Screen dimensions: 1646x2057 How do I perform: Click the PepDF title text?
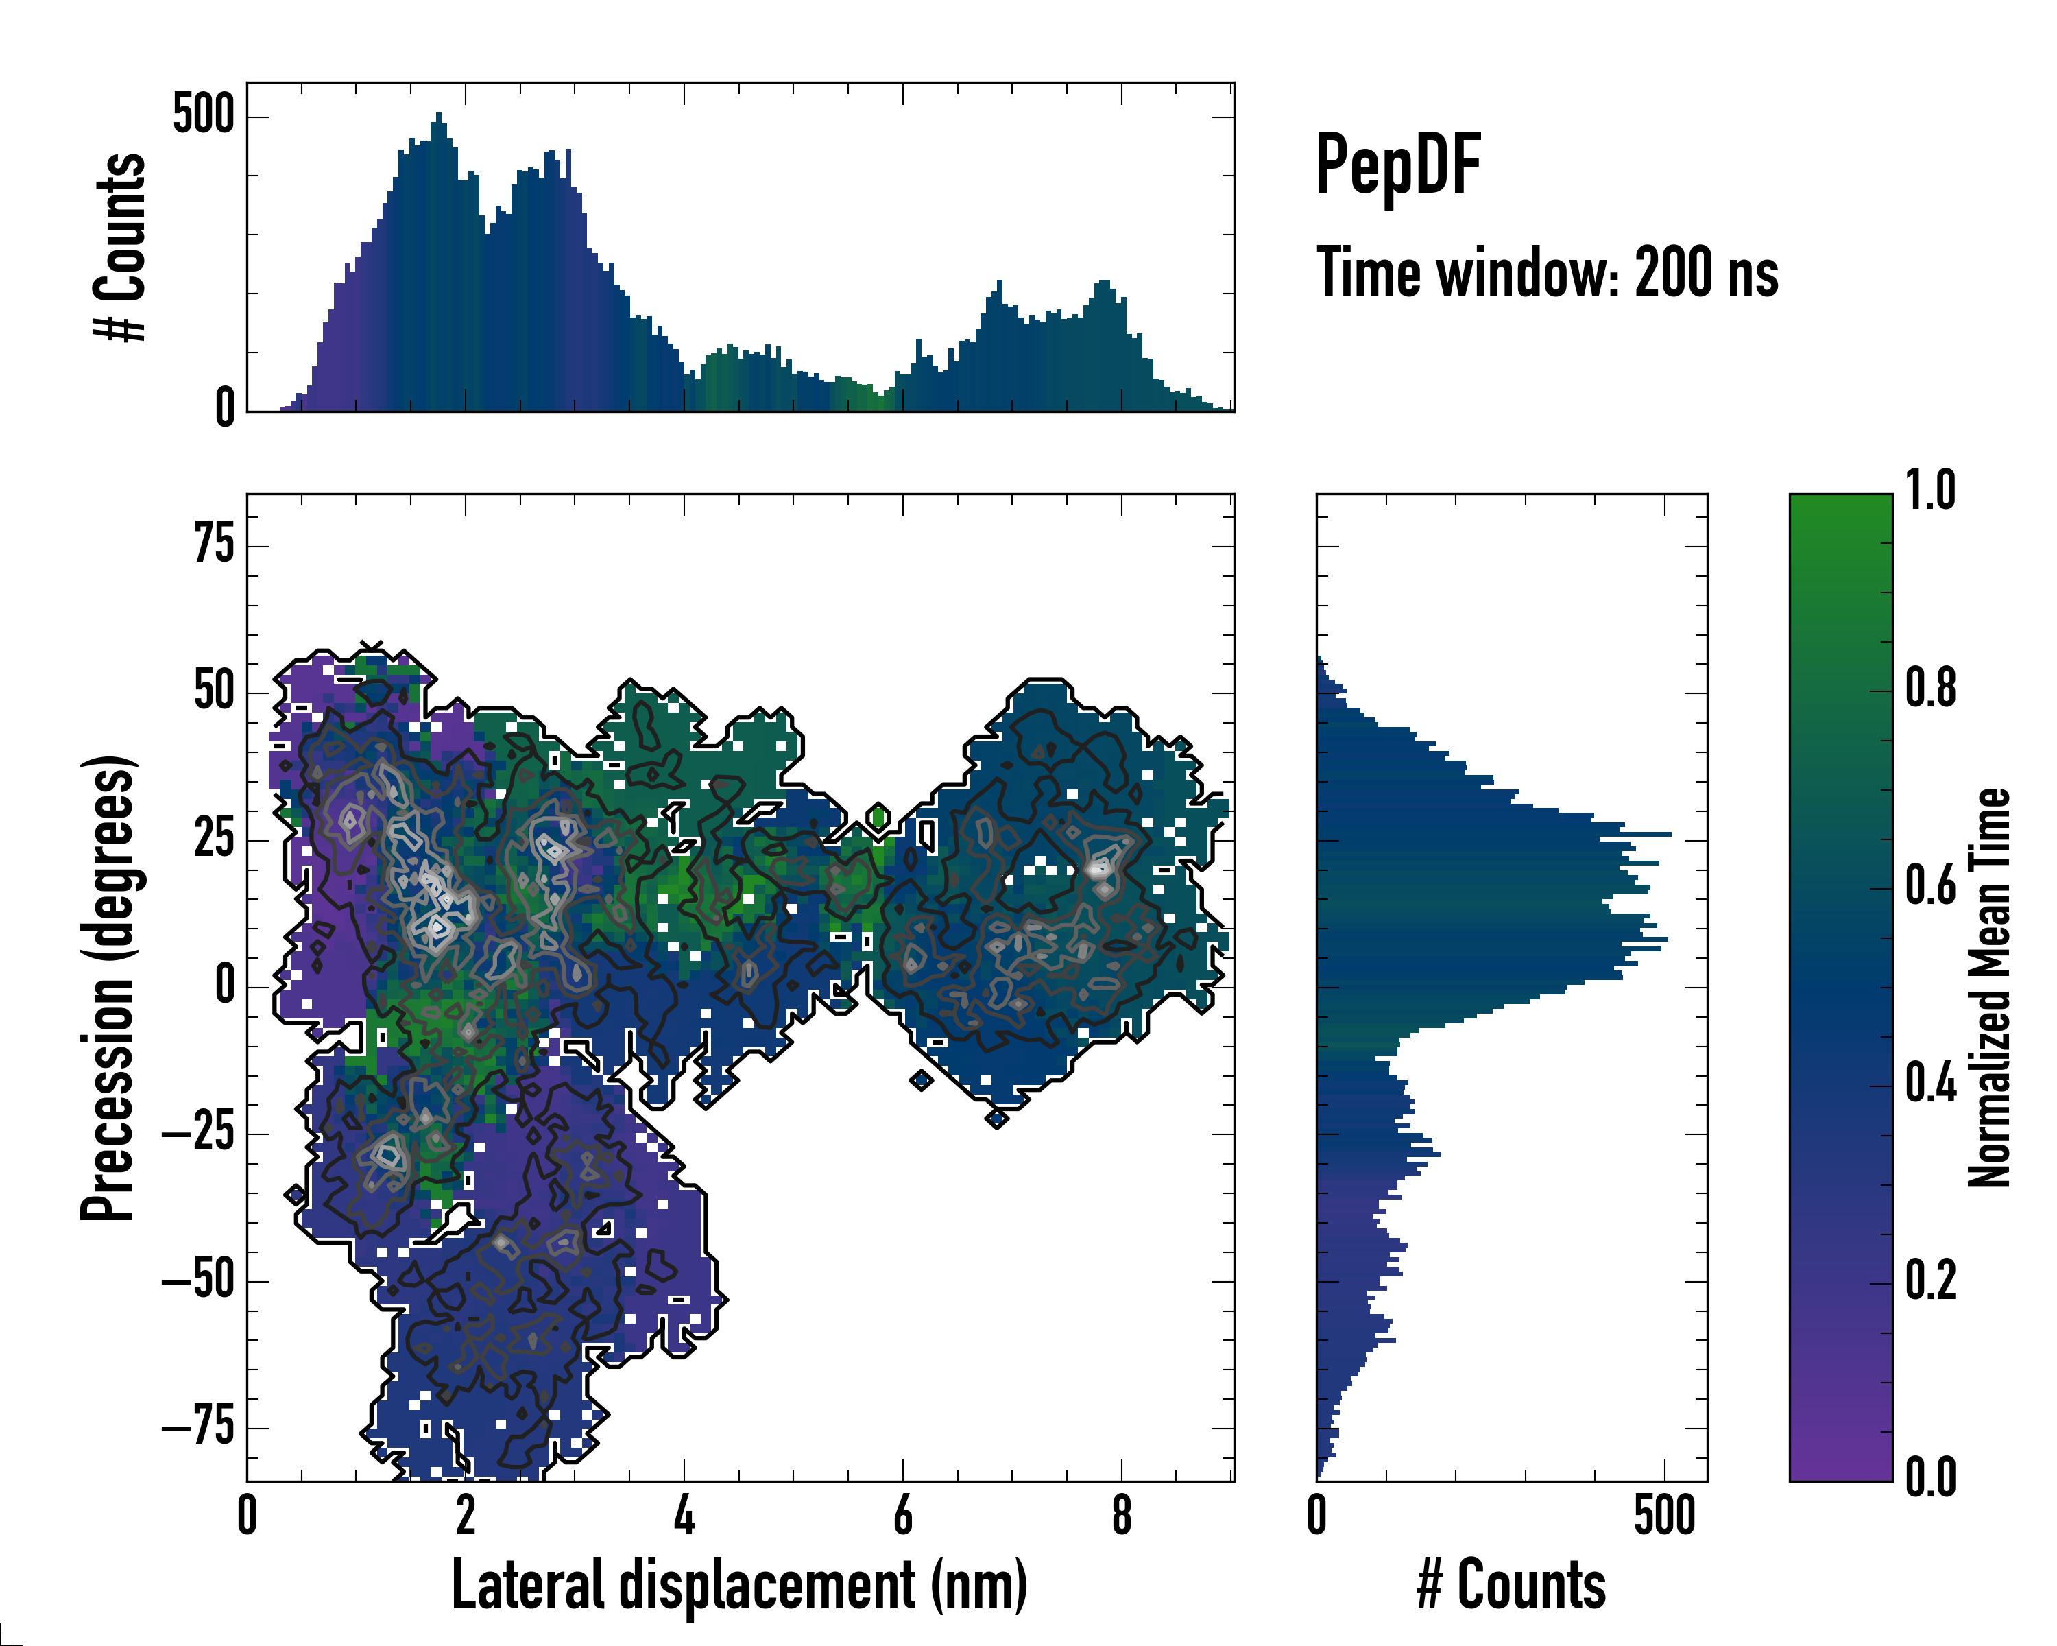pyautogui.click(x=1397, y=165)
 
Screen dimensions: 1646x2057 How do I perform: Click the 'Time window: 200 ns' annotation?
pyautogui.click(x=1547, y=273)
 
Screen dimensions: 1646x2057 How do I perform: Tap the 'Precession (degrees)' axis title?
pyautogui.click(x=107, y=988)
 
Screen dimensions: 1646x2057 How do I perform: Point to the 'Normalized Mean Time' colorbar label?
pyautogui.click(x=1988, y=988)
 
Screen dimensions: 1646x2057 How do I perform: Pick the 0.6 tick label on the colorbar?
pyautogui.click(x=1930, y=885)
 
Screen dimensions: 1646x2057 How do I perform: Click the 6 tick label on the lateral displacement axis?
pyautogui.click(x=902, y=1515)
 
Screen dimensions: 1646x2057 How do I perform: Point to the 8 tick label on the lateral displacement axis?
pyautogui.click(x=1122, y=1515)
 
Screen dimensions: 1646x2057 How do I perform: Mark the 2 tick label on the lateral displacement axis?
pyautogui.click(x=466, y=1515)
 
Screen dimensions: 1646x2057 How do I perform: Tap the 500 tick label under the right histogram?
pyautogui.click(x=1665, y=1515)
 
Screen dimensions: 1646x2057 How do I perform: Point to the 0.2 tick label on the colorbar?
pyautogui.click(x=1930, y=1280)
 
